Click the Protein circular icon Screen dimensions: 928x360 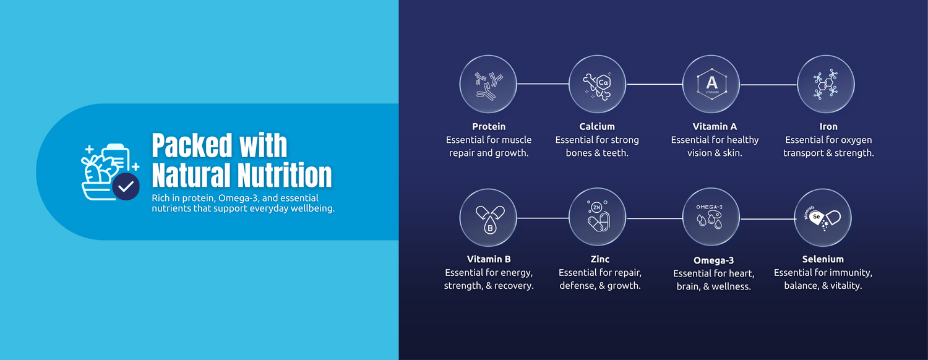click(x=488, y=84)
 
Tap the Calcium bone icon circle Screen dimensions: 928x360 click(x=597, y=84)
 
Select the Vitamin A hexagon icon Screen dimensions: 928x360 click(x=711, y=84)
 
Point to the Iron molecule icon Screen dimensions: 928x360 click(x=826, y=84)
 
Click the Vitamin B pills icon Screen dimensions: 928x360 click(x=488, y=218)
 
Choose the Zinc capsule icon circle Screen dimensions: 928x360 click(x=597, y=218)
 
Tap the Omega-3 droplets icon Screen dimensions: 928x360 click(x=711, y=218)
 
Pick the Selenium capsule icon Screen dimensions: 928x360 click(x=823, y=218)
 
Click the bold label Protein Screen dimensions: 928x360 click(x=489, y=126)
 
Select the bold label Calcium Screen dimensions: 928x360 click(x=597, y=126)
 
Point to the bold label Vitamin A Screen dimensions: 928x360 click(x=715, y=126)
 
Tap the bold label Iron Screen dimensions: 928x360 click(x=828, y=126)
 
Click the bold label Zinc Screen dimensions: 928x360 click(x=600, y=259)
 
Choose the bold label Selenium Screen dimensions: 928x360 click(x=823, y=259)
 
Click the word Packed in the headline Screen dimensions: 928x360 click(x=192, y=146)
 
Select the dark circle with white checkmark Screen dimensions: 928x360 click(x=126, y=186)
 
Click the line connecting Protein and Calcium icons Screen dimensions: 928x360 click(x=543, y=84)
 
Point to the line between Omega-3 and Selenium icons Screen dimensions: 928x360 click(x=767, y=218)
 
